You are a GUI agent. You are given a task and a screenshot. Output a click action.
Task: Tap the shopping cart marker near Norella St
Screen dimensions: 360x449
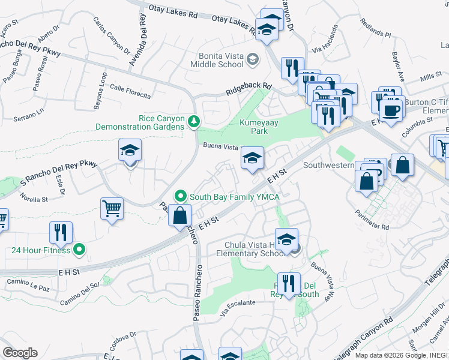[112, 209]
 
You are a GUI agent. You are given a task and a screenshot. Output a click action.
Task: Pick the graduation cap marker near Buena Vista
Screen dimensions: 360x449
[253, 158]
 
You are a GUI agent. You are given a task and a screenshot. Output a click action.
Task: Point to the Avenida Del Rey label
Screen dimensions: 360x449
[137, 40]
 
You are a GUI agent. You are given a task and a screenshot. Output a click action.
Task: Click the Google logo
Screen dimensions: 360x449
[20, 352]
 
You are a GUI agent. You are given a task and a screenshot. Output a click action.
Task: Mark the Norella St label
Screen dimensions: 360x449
[34, 197]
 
